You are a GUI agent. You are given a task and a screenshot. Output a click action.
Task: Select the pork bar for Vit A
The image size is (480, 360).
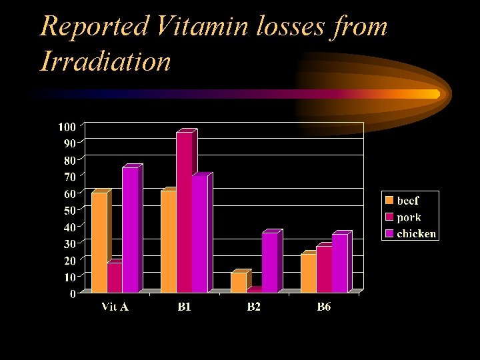click(115, 277)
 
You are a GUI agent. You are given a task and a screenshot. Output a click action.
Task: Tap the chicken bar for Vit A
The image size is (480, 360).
click(130, 229)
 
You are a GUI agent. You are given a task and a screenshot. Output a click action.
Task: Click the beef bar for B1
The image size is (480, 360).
click(169, 241)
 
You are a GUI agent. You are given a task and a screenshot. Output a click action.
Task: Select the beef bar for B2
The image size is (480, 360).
click(239, 282)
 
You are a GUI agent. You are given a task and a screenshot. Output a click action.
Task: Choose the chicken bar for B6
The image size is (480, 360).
click(340, 263)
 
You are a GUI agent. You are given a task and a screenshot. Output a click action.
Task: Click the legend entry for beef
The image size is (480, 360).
click(408, 200)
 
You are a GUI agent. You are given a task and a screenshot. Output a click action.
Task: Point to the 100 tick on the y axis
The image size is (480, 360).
click(67, 126)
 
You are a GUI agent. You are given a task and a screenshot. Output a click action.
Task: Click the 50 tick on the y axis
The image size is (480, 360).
click(69, 209)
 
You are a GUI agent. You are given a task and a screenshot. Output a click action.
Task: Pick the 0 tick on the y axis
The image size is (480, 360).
click(72, 293)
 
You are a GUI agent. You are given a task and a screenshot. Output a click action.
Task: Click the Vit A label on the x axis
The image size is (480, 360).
click(115, 307)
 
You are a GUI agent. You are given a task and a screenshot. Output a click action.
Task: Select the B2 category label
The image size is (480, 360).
click(254, 307)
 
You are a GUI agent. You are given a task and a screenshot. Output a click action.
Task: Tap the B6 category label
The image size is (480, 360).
click(324, 307)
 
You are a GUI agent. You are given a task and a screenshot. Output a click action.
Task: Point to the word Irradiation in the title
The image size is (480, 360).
click(105, 61)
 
